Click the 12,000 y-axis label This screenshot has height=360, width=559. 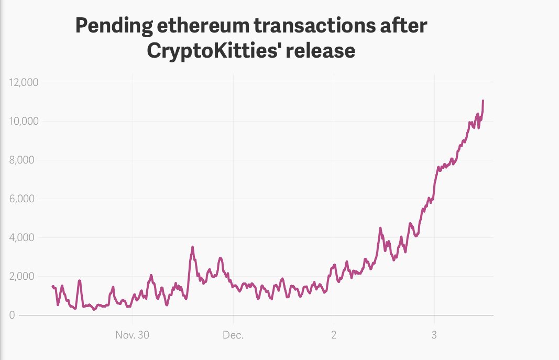tap(24, 82)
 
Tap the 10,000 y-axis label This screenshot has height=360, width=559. tap(24, 121)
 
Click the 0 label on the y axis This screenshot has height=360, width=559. tap(12, 315)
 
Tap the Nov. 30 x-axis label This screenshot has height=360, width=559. tap(133, 335)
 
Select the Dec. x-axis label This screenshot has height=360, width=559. tap(233, 335)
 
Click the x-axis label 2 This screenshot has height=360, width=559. tap(334, 335)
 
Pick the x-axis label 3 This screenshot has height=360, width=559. tap(434, 335)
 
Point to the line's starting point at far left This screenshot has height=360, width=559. tap(52, 286)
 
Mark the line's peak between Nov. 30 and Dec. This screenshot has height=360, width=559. tap(192, 247)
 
